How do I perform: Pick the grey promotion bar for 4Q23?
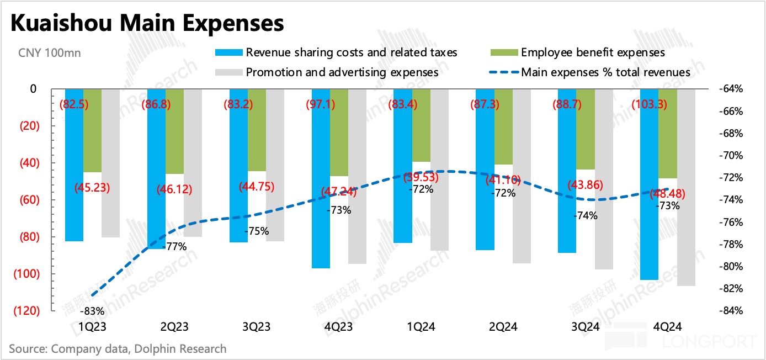tap(357, 177)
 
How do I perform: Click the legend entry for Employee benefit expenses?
tap(593, 53)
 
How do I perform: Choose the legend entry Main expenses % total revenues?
tap(605, 72)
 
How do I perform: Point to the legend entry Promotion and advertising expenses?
tap(342, 72)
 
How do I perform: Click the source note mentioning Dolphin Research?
tap(118, 348)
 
